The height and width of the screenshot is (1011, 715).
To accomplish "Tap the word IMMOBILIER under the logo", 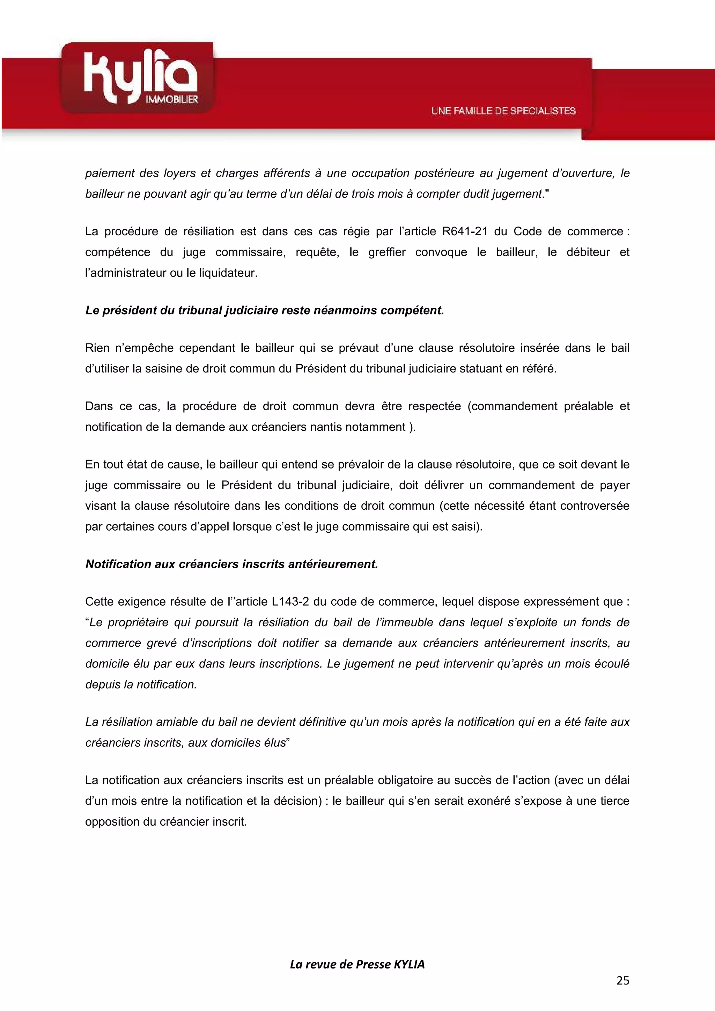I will point(172,100).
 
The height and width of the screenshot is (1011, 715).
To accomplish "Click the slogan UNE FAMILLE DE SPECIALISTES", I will point(503,111).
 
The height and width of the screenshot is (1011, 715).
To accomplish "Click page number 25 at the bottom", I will point(622,980).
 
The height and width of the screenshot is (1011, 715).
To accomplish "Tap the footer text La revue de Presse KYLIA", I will point(357,964).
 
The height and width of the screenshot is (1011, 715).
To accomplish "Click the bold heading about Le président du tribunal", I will point(265,310).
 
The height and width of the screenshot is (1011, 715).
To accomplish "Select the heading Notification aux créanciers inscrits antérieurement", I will point(231,564).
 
